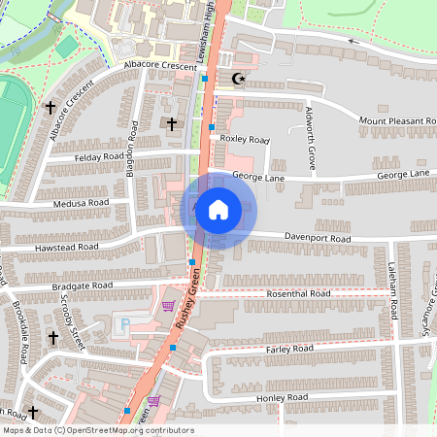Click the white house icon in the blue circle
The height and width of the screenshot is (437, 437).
[218, 210]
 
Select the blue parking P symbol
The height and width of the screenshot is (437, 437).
[123, 322]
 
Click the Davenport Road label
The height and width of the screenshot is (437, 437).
[316, 237]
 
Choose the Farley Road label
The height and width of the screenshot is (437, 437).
[288, 348]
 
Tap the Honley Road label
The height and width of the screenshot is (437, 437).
[283, 398]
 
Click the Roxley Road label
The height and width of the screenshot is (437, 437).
[244, 139]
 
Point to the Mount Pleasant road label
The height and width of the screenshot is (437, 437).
[396, 120]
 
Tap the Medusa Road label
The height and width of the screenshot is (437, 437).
[84, 203]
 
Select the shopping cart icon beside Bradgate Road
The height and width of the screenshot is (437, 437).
[168, 305]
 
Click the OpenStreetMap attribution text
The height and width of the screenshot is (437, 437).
[97, 430]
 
